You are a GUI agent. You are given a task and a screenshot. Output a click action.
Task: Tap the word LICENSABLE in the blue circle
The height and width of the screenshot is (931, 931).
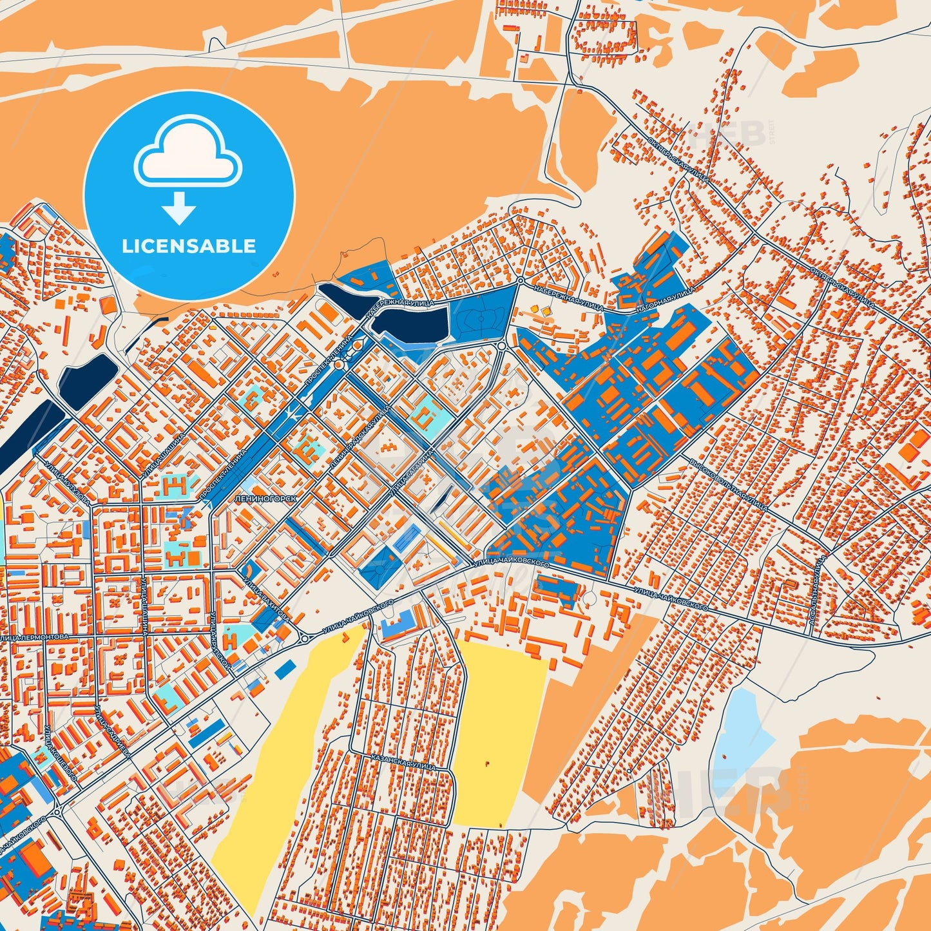pyautogui.click(x=189, y=246)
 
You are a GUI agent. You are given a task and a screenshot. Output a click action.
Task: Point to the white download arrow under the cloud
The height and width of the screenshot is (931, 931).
pyautogui.click(x=178, y=208)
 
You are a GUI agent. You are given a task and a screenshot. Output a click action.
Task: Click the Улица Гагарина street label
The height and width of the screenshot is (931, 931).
pyautogui.click(x=410, y=475)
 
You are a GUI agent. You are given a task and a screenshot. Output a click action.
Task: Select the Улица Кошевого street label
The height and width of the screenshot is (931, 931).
pyautogui.click(x=61, y=754)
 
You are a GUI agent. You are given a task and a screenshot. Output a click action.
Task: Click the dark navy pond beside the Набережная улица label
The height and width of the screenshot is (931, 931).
pyautogui.click(x=412, y=323)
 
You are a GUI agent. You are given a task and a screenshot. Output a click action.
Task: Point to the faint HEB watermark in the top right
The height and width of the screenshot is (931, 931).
pyautogui.click(x=728, y=134)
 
